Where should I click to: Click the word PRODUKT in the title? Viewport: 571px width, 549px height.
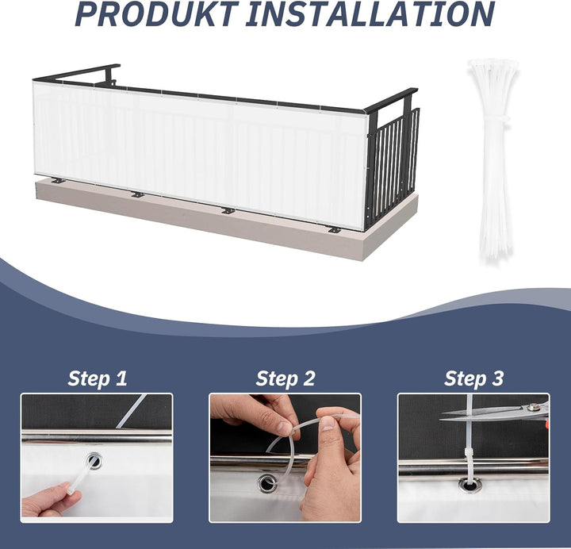pyautogui.click(x=157, y=13)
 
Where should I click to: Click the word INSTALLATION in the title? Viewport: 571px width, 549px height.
pyautogui.click(x=370, y=13)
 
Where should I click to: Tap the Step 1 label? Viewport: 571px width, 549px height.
pyautogui.click(x=98, y=378)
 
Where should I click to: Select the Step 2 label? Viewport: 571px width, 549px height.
pyautogui.click(x=285, y=378)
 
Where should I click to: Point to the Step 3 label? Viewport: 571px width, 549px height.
pyautogui.click(x=473, y=378)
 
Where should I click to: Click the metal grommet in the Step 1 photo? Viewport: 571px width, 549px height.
pyautogui.click(x=94, y=461)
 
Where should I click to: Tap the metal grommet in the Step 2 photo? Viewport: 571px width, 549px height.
pyautogui.click(x=267, y=483)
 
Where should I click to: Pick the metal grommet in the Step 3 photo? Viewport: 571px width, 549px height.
pyautogui.click(x=469, y=486)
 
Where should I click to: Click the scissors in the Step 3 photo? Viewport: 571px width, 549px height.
pyautogui.click(x=495, y=413)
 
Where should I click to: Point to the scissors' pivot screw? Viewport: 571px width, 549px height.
pyautogui.click(x=534, y=407)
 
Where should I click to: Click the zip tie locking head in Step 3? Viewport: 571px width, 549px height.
pyautogui.click(x=469, y=454)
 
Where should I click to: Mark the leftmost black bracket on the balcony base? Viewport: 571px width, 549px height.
pyautogui.click(x=58, y=180)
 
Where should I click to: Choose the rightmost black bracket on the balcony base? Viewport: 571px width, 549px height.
pyautogui.click(x=334, y=230)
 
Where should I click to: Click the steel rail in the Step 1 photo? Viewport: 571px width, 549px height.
pyautogui.click(x=97, y=437)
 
